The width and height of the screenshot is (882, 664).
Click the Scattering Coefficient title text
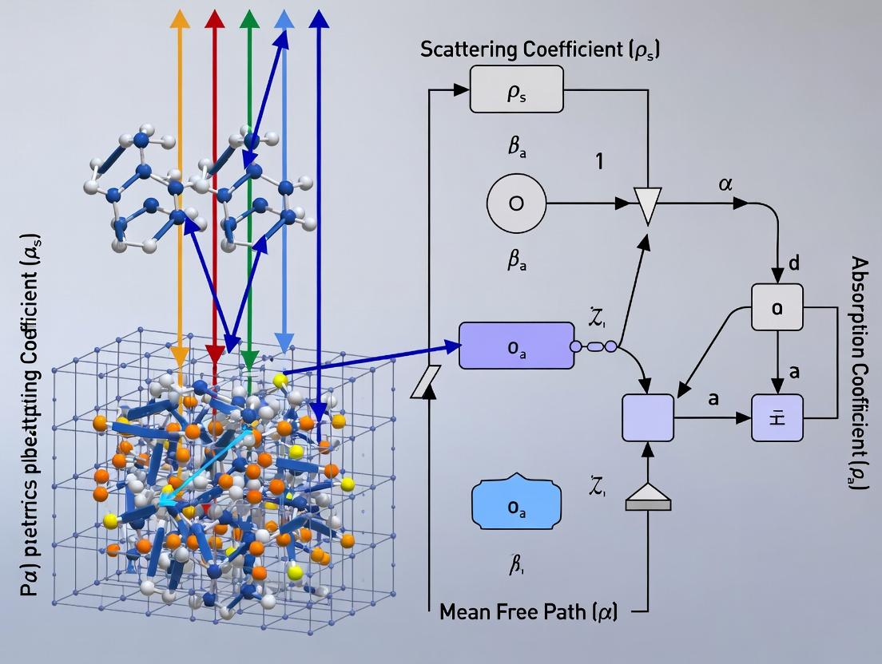point(540,49)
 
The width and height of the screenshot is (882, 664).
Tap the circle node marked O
point(516,203)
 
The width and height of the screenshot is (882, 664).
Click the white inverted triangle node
point(648,205)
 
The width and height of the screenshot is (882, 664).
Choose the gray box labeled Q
point(777,307)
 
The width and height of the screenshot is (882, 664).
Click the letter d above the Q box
point(793,263)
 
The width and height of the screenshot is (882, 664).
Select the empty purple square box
point(648,417)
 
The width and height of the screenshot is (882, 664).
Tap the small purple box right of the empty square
point(777,417)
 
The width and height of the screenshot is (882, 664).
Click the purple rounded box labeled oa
point(516,346)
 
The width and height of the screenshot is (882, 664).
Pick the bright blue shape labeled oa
point(517,504)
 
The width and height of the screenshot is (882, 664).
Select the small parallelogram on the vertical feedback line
point(424,381)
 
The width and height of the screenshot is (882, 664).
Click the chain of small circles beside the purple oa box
point(594,346)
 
